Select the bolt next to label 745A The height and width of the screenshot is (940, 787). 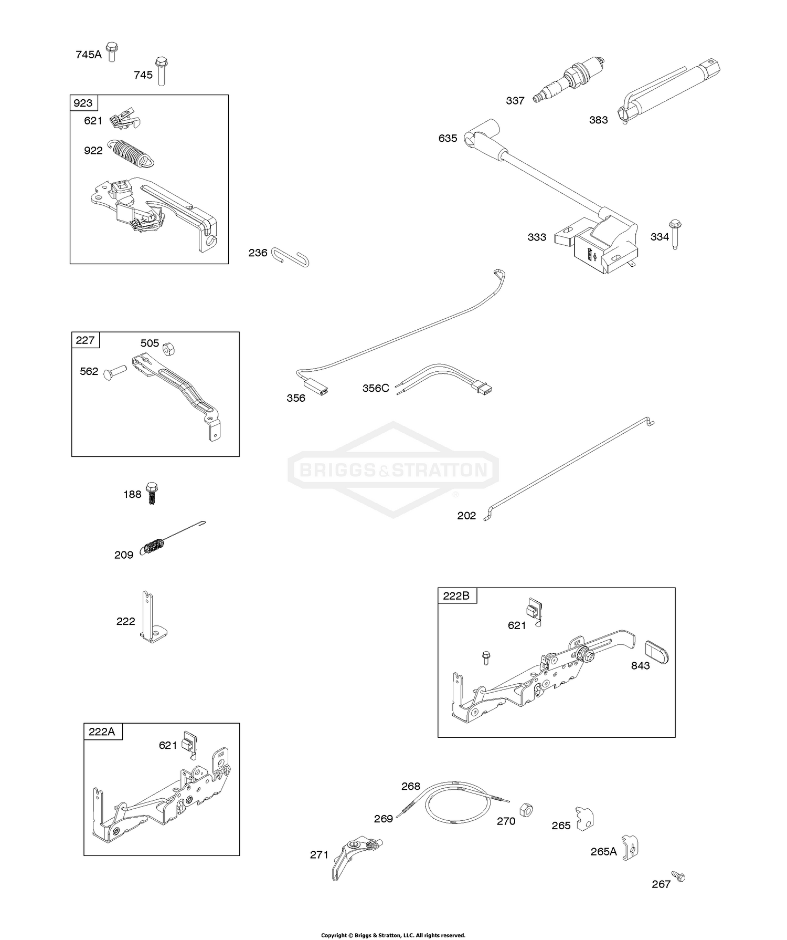(x=111, y=51)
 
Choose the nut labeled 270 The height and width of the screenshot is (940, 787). (x=526, y=809)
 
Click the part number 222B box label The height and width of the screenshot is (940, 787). (x=456, y=596)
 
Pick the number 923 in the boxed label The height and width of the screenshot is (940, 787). (x=83, y=102)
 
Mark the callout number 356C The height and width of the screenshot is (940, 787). (x=376, y=389)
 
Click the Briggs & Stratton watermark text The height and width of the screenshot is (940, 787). (x=393, y=469)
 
